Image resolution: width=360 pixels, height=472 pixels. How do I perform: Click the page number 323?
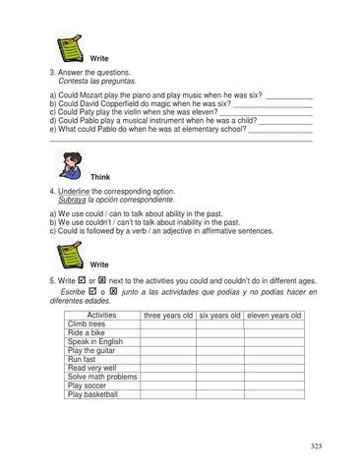coord(316,446)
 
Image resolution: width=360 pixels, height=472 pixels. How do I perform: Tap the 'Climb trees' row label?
coord(87,324)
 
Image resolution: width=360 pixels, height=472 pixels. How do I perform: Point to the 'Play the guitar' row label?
coord(91,350)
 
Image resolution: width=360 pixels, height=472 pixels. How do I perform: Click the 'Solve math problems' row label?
coord(102,377)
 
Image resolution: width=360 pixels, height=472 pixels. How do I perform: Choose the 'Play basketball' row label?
coord(92,394)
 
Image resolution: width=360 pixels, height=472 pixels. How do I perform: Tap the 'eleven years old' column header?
coord(274,315)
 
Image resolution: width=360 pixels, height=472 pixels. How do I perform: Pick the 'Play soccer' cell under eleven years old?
coord(274,385)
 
